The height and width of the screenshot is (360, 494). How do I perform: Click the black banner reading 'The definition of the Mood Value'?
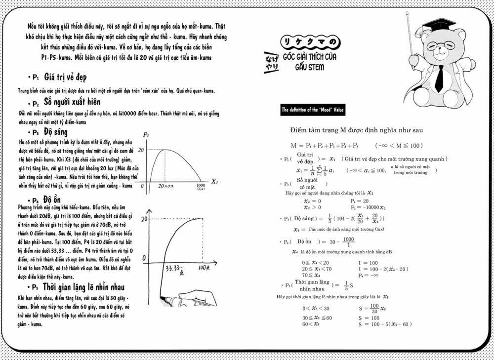[313, 110]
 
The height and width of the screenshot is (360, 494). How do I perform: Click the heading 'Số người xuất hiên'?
[72, 103]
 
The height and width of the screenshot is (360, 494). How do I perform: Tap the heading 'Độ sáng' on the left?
[55, 132]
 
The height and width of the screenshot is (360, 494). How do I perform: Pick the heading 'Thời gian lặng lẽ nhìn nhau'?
[83, 287]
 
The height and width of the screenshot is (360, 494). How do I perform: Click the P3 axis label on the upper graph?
[146, 135]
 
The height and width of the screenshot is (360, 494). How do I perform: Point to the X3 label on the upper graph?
[214, 181]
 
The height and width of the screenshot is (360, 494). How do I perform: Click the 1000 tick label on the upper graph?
[201, 187]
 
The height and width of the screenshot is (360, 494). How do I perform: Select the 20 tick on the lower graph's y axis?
[145, 218]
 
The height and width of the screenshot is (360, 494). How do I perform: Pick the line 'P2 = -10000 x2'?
[369, 207]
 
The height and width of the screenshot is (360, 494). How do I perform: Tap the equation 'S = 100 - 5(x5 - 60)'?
[385, 324]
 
